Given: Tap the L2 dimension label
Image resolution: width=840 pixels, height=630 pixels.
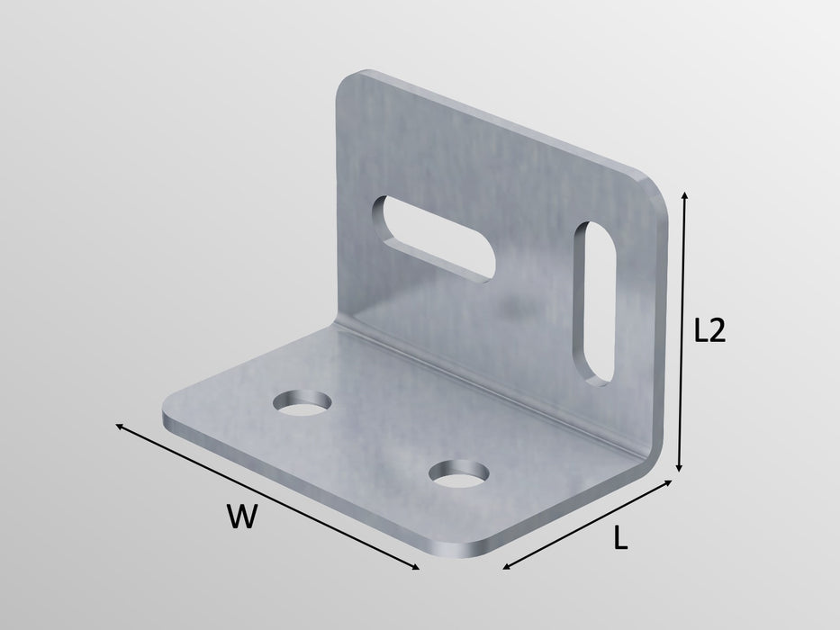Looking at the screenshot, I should [709, 331].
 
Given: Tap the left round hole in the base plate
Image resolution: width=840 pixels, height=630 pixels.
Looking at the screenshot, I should [303, 406].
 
